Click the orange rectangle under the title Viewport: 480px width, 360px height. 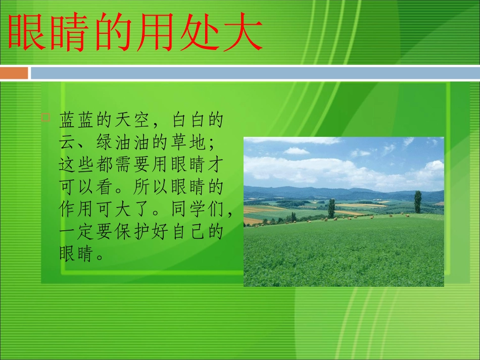pos(14,73)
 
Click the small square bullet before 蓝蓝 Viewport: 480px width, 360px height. pos(45,118)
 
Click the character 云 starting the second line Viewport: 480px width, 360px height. pos(68,143)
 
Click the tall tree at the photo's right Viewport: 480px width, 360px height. pos(418,201)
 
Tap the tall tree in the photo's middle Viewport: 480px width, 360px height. pos(331,208)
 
